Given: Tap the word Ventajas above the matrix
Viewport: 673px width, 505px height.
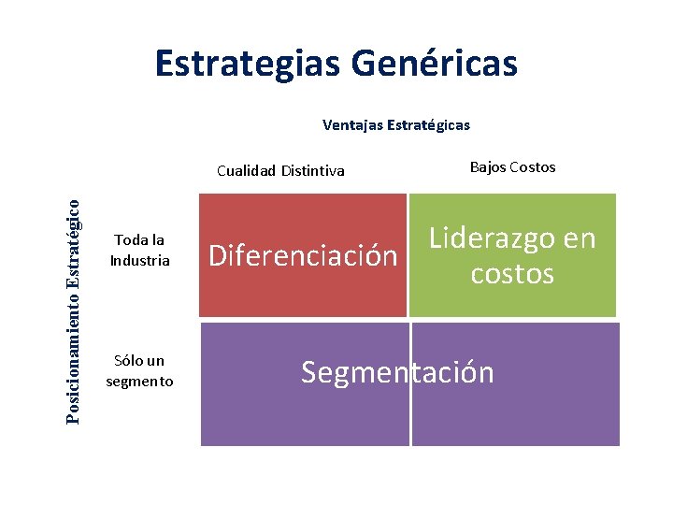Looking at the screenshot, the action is (352, 124).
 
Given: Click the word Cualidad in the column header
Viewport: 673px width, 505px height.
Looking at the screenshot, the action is (245, 170).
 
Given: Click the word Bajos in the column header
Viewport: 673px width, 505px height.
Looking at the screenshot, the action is (487, 167).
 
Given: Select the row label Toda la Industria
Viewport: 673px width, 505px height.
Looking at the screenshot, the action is (139, 250).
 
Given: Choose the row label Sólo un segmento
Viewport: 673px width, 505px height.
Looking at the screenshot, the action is (139, 370).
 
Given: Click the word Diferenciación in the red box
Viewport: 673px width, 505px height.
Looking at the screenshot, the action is (303, 255).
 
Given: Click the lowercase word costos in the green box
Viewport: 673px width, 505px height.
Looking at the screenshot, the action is (512, 274).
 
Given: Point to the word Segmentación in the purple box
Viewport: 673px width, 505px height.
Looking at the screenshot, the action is (397, 372).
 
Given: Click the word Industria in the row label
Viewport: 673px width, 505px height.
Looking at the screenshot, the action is (140, 260).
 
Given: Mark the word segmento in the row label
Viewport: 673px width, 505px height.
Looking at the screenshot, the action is (139, 381).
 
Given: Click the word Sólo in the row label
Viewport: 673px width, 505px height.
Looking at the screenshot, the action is (128, 360).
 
